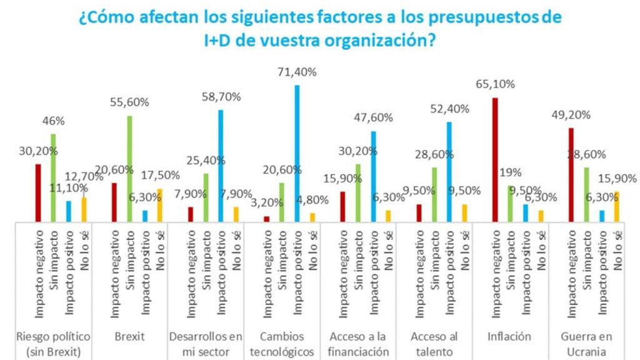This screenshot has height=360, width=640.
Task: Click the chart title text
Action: click(x=320, y=28)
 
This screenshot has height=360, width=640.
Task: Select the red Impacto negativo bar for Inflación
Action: click(x=495, y=160)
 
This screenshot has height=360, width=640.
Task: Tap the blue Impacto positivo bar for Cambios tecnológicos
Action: click(x=297, y=153)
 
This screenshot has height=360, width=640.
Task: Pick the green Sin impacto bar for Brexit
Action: click(x=129, y=169)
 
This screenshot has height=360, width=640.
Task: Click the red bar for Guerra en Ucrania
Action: click(x=571, y=175)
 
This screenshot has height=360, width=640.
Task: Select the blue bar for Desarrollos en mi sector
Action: click(x=221, y=166)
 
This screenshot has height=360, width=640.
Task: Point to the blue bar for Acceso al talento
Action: click(x=449, y=172)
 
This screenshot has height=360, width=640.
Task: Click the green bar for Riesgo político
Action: click(x=53, y=178)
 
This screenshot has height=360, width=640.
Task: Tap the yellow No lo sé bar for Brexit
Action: click(x=160, y=205)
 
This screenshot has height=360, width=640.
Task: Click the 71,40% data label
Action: click(x=297, y=72)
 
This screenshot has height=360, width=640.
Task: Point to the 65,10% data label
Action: click(x=495, y=84)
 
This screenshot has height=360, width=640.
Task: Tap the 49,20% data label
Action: click(x=571, y=114)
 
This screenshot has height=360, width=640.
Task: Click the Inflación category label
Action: click(x=510, y=336)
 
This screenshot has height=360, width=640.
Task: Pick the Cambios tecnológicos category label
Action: click(x=282, y=344)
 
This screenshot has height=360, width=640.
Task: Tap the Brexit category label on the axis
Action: click(x=129, y=336)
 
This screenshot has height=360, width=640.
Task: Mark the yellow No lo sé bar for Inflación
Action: click(x=541, y=216)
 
